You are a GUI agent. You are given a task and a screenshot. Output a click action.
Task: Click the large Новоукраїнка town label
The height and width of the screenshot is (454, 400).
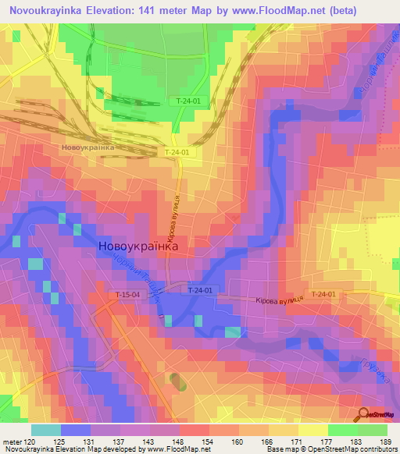[x=139, y=247]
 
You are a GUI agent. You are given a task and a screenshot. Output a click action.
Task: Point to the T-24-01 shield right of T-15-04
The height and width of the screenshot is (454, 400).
[x=200, y=290]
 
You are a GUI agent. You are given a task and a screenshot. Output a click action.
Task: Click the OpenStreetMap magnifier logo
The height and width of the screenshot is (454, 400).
[x=364, y=414]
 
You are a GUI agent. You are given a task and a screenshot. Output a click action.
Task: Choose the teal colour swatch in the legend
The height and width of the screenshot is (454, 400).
[x=46, y=430]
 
